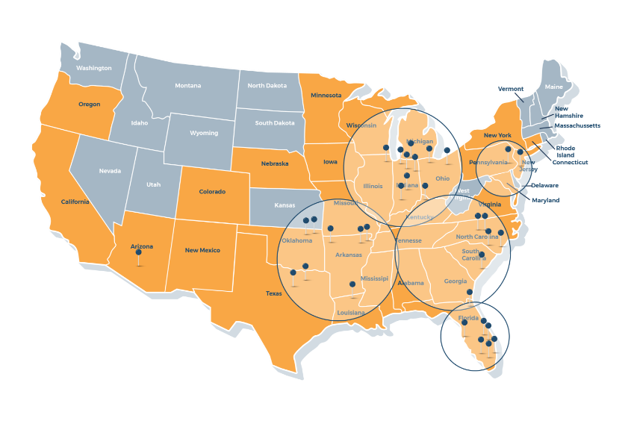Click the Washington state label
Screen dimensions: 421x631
pos(94,68)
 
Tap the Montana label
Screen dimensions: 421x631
pos(187,86)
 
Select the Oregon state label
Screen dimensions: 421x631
pos(89,105)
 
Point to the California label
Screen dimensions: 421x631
pos(75,202)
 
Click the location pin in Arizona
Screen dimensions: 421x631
pos(138,253)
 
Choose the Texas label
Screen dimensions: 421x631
pos(274,293)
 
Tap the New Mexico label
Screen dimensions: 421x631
pos(202,250)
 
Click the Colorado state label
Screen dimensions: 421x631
pos(212,192)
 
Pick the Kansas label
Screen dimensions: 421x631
pos(285,205)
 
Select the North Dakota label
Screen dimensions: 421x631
pos(267,86)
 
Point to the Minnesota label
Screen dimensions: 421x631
pos(326,96)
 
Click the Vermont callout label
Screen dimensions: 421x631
pos(511,89)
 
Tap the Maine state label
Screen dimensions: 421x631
pos(554,87)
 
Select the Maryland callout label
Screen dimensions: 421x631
pos(545,200)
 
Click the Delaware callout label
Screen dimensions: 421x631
pos(544,185)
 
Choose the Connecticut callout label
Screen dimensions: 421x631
pos(570,162)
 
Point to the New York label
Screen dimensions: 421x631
pos(497,135)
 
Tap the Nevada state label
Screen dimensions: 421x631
pos(110,171)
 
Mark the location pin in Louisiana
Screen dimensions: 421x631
pos(352,284)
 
